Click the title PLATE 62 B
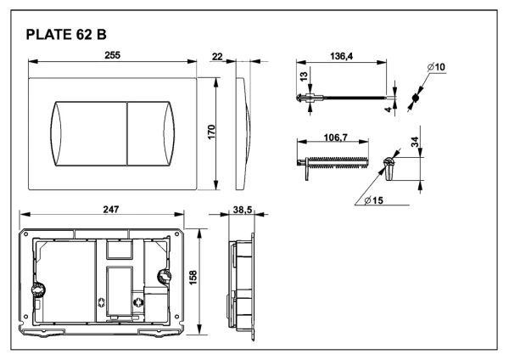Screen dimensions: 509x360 66,35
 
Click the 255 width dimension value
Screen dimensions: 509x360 112,55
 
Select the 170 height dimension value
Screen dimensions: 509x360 211,132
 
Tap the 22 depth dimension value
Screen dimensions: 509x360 217,57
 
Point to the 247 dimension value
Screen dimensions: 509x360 111,210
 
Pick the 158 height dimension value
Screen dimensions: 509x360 193,278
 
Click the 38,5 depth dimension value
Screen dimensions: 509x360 243,210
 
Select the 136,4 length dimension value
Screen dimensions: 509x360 341,56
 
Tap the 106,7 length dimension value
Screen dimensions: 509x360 336,138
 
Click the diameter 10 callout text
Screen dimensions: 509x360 436,67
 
